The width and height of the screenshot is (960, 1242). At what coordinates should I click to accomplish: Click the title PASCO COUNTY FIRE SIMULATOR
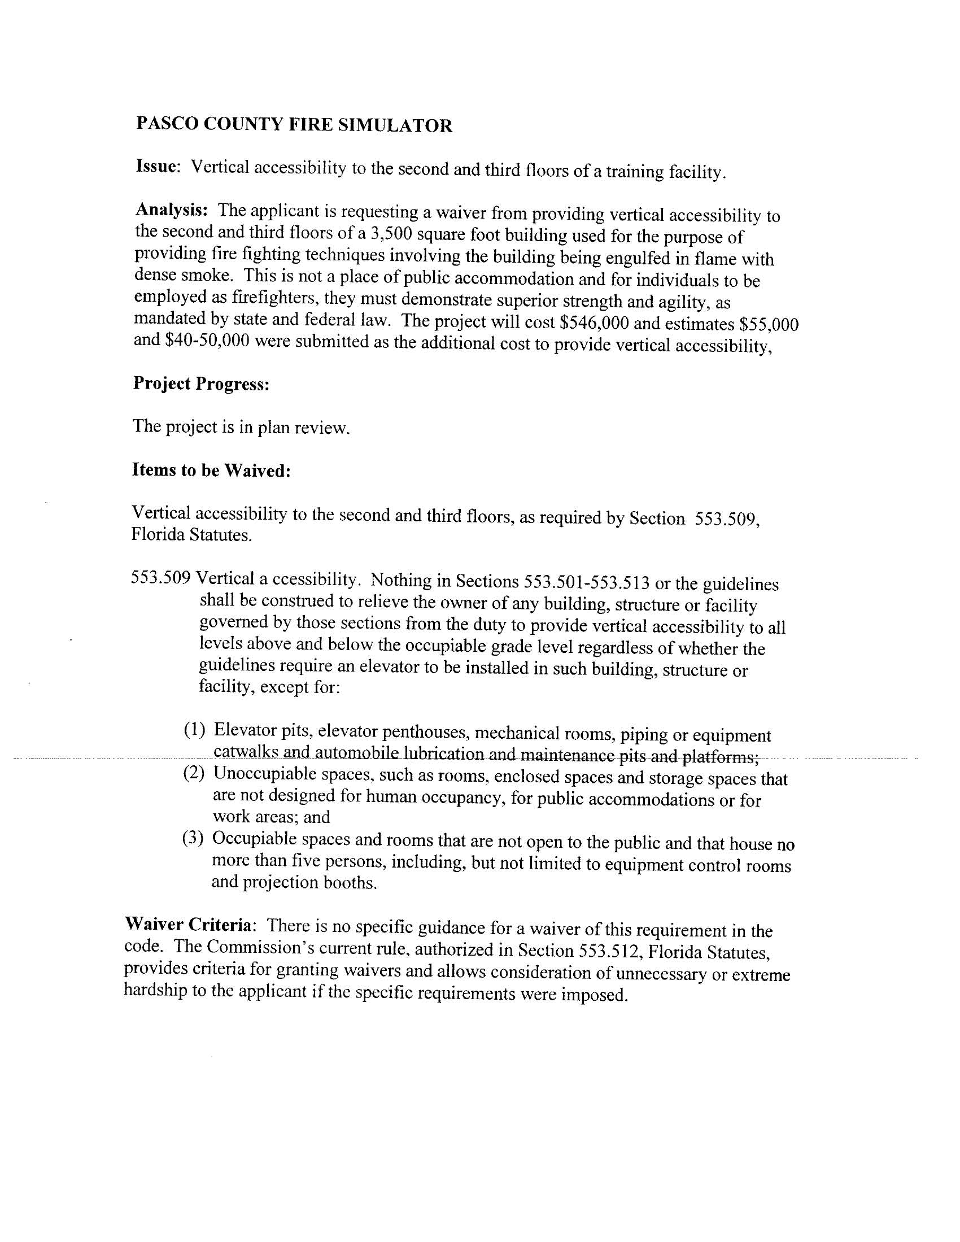294,125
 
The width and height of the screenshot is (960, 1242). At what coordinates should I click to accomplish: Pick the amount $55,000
769,324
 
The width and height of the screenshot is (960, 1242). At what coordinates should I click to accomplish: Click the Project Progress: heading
201,384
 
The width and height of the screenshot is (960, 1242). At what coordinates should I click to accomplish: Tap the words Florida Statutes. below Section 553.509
191,535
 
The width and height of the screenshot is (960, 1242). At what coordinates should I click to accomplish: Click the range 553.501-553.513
586,582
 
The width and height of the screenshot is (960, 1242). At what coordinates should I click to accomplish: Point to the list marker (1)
194,729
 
